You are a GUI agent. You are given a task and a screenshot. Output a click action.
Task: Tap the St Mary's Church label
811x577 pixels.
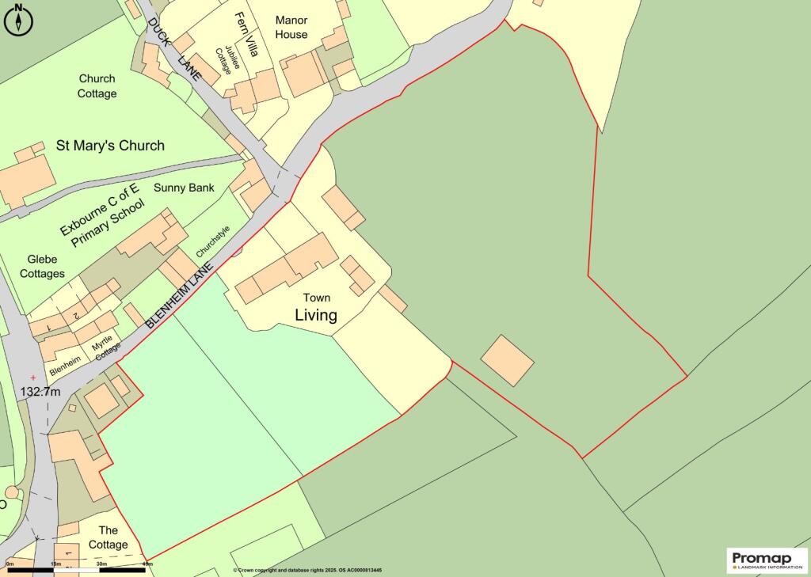pos(110,146)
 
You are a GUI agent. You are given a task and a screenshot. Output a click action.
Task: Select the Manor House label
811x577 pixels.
pos(291,27)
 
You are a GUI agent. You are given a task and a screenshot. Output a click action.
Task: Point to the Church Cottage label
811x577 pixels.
pos(97,86)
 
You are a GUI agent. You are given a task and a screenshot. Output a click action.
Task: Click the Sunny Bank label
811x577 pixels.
pos(184,188)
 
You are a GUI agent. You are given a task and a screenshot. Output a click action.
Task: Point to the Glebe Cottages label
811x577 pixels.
pos(46,266)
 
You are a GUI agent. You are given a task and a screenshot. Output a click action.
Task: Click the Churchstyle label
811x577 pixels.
pos(211,241)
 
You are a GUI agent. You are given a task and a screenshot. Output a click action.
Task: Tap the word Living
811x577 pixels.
pos(316,315)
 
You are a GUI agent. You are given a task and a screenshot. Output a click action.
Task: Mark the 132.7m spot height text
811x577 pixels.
pos(40,392)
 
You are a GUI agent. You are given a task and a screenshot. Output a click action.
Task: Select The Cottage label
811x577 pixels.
pos(109,537)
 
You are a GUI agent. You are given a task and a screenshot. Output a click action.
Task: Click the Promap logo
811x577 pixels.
pos(766,560)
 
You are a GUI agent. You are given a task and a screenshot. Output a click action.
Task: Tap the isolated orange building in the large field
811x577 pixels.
pos(507,360)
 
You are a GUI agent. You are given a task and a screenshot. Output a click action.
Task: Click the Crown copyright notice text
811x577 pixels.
pos(307,570)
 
